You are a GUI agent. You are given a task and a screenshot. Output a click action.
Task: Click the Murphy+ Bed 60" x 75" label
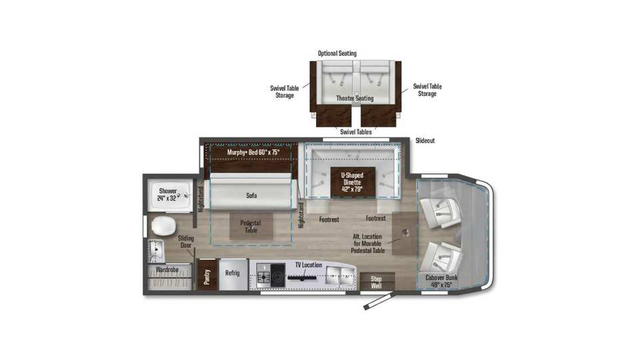(253, 152)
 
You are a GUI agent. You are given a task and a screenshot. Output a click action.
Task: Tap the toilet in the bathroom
(163, 226)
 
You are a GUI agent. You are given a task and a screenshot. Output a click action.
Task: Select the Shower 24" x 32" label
(167, 195)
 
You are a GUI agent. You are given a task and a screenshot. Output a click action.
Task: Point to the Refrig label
(232, 273)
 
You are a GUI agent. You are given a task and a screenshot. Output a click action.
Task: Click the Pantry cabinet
(207, 275)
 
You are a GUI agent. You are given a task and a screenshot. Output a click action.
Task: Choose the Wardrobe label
(167, 270)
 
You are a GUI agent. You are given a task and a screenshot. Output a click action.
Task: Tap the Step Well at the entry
(377, 281)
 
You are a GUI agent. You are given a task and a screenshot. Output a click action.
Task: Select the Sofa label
(251, 195)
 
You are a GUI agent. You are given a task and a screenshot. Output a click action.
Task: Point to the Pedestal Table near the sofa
(251, 227)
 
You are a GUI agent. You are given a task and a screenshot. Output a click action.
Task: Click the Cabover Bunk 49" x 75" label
(441, 281)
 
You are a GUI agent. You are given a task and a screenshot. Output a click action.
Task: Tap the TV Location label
(309, 265)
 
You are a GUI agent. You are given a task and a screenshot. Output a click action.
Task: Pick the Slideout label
(425, 141)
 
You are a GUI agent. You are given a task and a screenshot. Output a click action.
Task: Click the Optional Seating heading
(337, 53)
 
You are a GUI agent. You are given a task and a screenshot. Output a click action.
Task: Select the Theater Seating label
(355, 99)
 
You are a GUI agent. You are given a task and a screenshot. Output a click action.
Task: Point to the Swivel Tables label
(356, 132)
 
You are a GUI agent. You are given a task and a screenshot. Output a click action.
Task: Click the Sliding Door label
(186, 241)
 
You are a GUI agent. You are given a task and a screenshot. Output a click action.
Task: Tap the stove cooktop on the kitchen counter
(271, 275)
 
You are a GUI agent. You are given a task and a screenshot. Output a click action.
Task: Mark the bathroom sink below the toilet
(156, 251)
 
